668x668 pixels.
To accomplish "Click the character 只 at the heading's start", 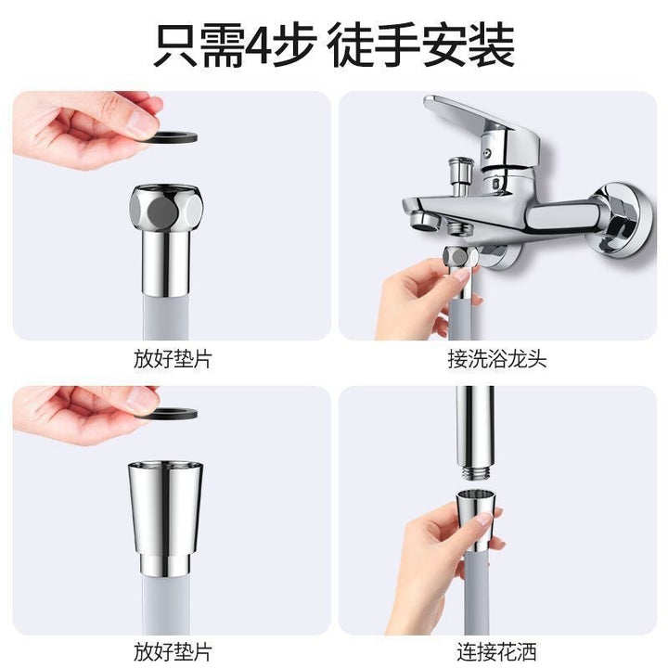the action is click(x=175, y=45).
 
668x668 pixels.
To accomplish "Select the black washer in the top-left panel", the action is click(x=173, y=137).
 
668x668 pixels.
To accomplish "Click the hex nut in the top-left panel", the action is click(x=166, y=209).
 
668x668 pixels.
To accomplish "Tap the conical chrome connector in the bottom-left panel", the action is click(x=165, y=517).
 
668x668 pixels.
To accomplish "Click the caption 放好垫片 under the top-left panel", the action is click(x=173, y=359).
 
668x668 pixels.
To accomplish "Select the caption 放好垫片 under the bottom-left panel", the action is click(x=173, y=652).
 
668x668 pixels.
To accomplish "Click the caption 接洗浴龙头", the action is click(x=496, y=359).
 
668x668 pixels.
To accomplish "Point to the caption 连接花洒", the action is click(x=496, y=652).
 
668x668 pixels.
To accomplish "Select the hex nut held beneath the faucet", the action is click(x=460, y=257).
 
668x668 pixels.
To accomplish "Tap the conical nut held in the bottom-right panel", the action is click(x=477, y=520).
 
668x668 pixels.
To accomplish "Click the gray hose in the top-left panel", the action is click(x=165, y=317).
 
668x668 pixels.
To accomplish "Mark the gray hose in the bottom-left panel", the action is click(x=165, y=604).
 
